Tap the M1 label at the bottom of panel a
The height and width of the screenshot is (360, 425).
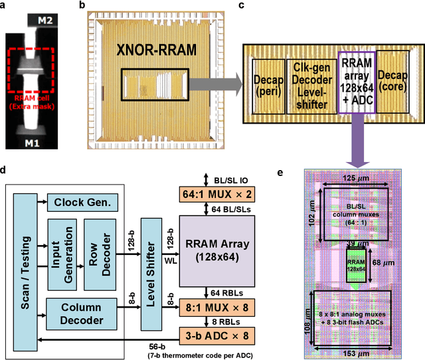[44, 143]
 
